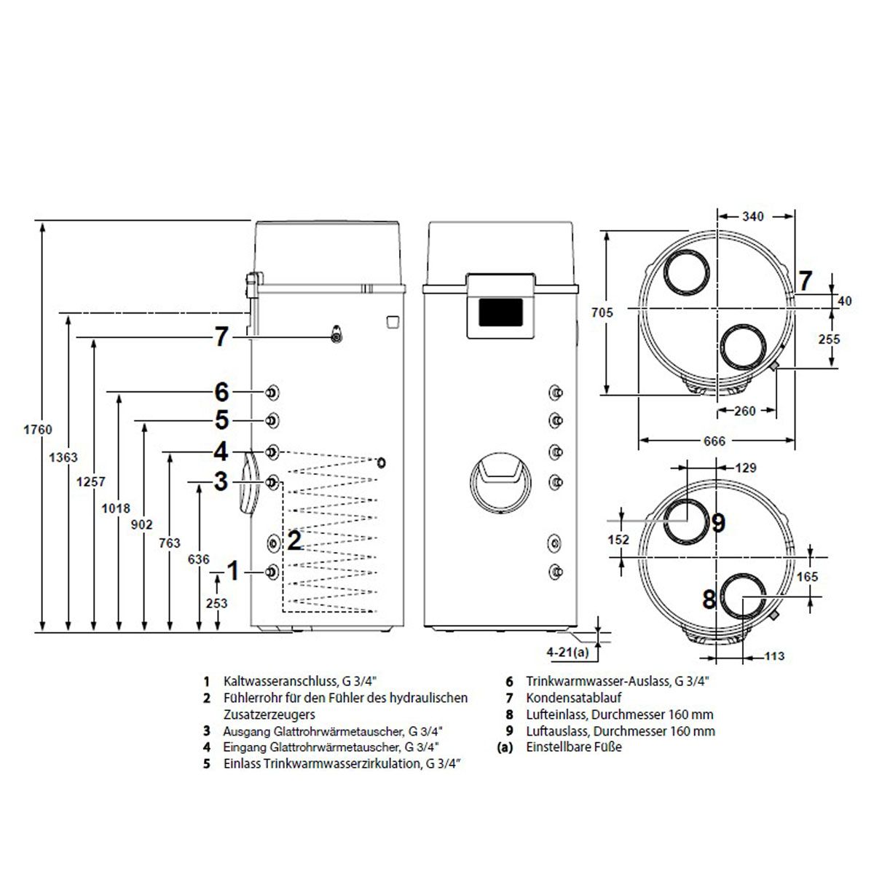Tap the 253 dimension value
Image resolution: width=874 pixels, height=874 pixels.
pyautogui.click(x=216, y=603)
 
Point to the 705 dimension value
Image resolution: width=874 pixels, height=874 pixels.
pyautogui.click(x=602, y=312)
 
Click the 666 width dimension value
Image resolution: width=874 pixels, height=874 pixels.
pyautogui.click(x=714, y=441)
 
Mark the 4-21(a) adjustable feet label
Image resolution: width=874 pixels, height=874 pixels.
pyautogui.click(x=567, y=652)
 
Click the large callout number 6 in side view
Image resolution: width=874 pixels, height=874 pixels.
pyautogui.click(x=221, y=393)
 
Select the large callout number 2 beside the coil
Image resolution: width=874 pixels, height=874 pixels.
pyautogui.click(x=294, y=540)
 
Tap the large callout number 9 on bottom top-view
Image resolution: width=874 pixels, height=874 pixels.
pyautogui.click(x=717, y=523)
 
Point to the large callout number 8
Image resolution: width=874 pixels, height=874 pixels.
pyautogui.click(x=709, y=599)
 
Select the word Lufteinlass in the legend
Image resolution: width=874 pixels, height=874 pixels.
pyautogui.click(x=553, y=714)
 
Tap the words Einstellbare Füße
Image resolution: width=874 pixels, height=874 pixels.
pyautogui.click(x=574, y=747)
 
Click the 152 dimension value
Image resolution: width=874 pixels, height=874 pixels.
pyautogui.click(x=618, y=540)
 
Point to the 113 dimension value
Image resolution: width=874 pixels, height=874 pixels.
pyautogui.click(x=775, y=656)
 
